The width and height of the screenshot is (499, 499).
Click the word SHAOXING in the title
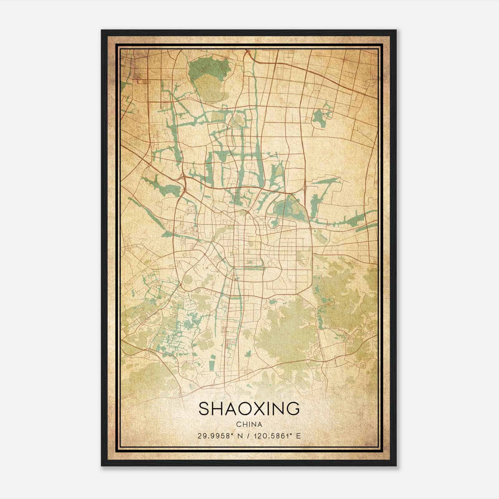(x=249, y=409)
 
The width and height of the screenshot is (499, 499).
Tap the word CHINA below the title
(x=249, y=424)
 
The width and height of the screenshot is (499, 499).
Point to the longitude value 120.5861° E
(x=278, y=436)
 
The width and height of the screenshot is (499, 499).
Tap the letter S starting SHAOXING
(x=204, y=409)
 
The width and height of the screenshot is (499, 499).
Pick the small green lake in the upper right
(x=319, y=118)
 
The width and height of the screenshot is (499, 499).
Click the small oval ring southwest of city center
(x=188, y=279)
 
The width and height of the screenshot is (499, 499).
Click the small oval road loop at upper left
(x=143, y=82)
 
